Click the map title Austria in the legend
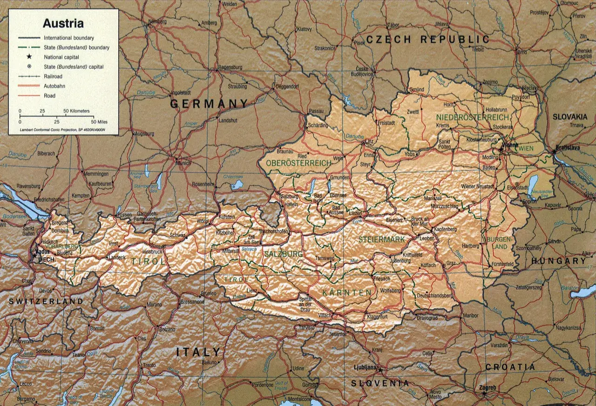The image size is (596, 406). point(63,24)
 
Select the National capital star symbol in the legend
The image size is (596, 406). point(29,57)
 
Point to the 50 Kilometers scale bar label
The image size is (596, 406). point(76,111)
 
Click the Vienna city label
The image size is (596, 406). point(509,145)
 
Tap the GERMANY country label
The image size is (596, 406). point(209,103)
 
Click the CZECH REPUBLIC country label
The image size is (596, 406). point(427,40)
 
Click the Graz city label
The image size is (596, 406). point(451,263)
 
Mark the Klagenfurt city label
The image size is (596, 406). point(378,317)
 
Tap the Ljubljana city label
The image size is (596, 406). point(365,367)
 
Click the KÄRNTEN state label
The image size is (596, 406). point(347,293)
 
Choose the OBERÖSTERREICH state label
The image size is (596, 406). point(298,163)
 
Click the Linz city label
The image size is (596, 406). point(370,141)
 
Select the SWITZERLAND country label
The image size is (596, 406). point(46,301)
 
